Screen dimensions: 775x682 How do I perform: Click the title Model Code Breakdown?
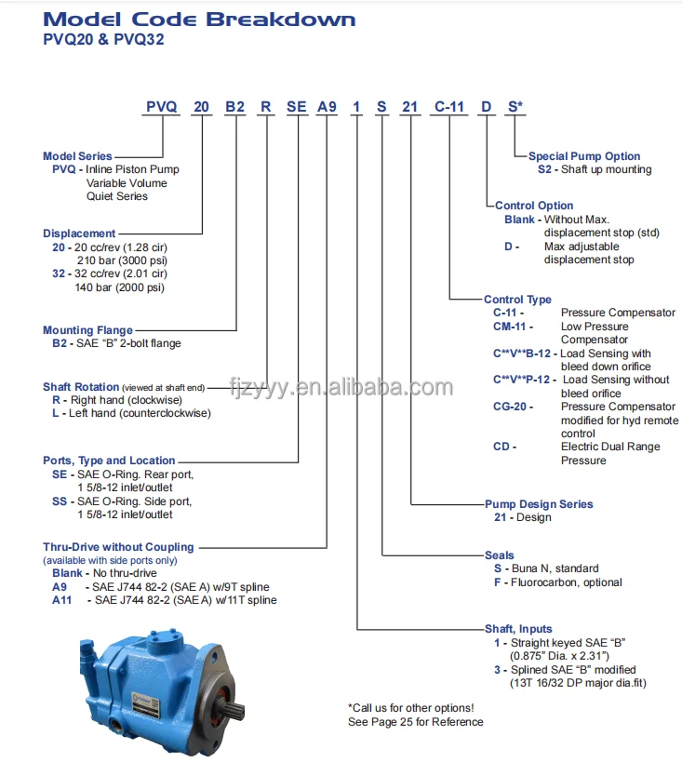[x=199, y=20]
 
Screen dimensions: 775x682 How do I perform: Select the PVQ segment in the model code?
[x=161, y=107]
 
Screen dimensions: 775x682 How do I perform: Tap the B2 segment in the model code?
[x=234, y=107]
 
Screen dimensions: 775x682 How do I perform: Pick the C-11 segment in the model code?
[x=449, y=107]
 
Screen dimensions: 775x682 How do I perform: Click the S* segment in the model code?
[x=515, y=107]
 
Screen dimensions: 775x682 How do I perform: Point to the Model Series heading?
[x=77, y=156]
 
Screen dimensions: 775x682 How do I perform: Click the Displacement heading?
[x=79, y=234]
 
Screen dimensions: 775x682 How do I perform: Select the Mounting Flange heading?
[x=87, y=330]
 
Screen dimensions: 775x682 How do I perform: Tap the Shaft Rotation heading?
[x=81, y=387]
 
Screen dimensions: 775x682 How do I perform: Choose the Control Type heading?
[x=517, y=300]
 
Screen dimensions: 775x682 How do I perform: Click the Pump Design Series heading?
[x=539, y=504]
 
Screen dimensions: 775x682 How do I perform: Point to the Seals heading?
[x=500, y=555]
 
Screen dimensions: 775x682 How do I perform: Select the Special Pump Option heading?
[x=584, y=156]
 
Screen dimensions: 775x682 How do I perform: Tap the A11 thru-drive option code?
[x=60, y=600]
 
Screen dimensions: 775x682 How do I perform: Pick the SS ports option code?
[x=60, y=501]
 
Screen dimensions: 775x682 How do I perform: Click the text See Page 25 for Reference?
[x=415, y=722]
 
